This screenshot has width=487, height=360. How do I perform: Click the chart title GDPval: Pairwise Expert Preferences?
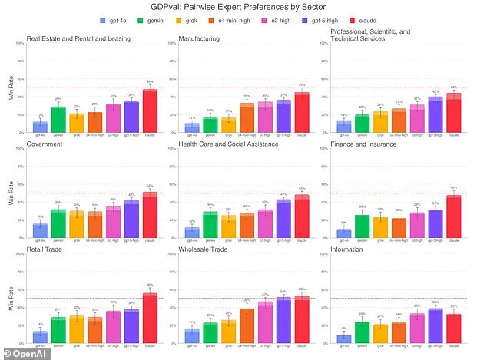click(243, 6)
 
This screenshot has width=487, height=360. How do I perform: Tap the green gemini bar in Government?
click(58, 223)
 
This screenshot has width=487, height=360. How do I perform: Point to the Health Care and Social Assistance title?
click(230, 142)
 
